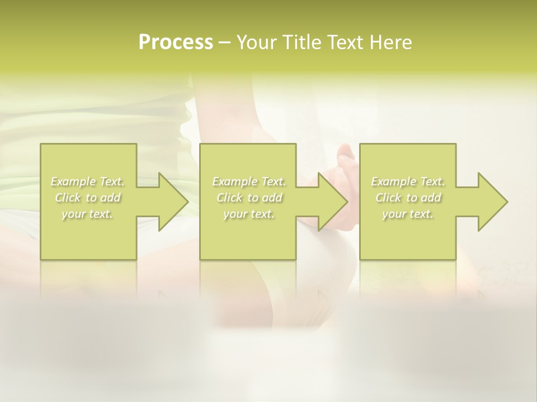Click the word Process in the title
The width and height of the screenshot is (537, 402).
(176, 42)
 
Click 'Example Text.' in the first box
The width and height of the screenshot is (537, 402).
(88, 181)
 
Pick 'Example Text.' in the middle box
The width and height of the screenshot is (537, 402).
(249, 181)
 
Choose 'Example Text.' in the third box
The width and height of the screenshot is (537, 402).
(408, 181)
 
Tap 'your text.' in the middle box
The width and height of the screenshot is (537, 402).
(248, 214)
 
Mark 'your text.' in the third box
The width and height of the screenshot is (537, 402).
(407, 214)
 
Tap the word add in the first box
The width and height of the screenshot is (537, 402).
(111, 198)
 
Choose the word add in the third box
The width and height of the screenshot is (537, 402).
(431, 198)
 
